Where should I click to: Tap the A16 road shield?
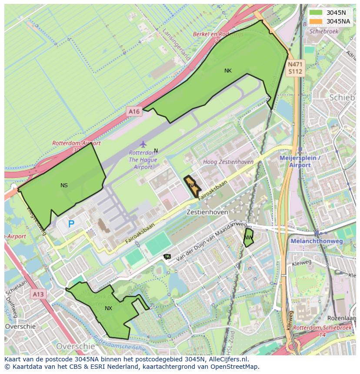pos(134,112)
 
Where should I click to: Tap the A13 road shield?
pos(38,295)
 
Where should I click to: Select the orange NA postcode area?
pos(192,186)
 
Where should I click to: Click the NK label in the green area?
pos(228,71)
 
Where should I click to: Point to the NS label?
pos(64,185)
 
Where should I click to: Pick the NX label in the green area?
pos(108,308)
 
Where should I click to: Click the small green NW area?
pos(248,237)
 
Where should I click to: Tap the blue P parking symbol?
pos(71,225)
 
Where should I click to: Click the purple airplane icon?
pos(143,144)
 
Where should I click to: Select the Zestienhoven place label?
pos(207,212)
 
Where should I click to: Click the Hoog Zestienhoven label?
pos(228,162)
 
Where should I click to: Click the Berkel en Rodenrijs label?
pos(217,35)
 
